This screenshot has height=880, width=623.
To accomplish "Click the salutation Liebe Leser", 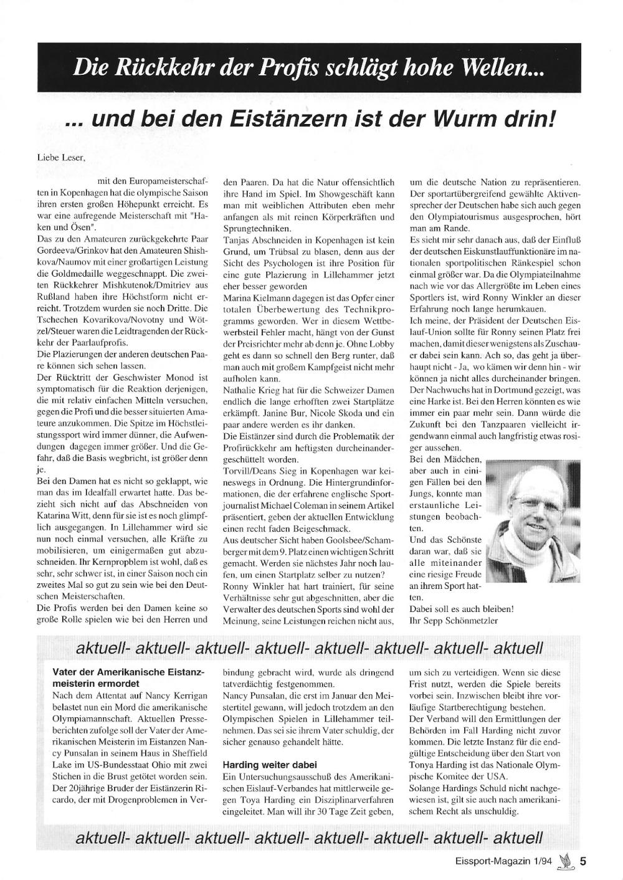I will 62,158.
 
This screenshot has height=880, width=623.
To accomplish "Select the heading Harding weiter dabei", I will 270,764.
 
